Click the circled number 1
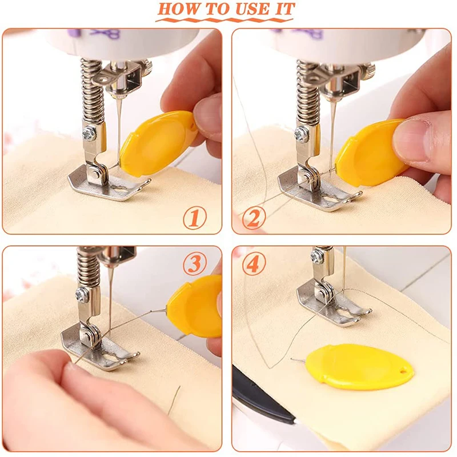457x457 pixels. click(195, 218)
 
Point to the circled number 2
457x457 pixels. click(254, 218)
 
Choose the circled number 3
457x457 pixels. click(195, 263)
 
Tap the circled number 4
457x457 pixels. click(254, 263)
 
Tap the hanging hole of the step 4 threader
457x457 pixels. click(403, 371)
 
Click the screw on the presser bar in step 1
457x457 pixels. click(89, 133)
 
